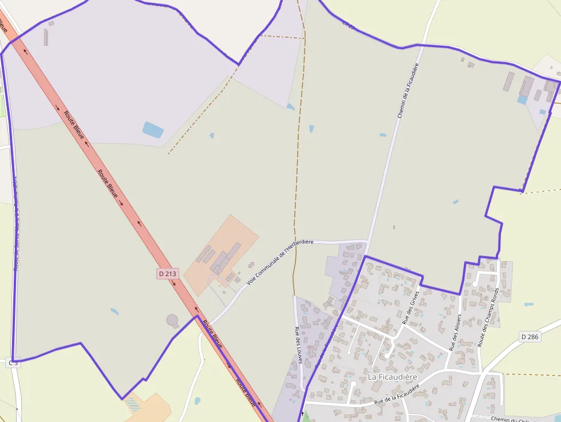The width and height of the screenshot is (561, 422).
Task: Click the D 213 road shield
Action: [x=168, y=274]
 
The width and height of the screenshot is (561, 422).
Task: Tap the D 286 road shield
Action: [x=530, y=337]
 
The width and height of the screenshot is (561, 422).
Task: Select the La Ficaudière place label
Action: [x=393, y=377]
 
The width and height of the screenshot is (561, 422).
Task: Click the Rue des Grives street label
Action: [x=411, y=307]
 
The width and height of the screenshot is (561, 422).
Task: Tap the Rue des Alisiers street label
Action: [x=456, y=332]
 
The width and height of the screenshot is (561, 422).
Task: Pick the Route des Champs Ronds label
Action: [x=489, y=317]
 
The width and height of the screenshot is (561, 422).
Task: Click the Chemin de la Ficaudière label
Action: [x=405, y=90]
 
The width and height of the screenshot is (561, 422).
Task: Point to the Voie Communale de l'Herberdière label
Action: [x=280, y=262]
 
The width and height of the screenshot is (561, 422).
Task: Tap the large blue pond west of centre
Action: [x=153, y=130]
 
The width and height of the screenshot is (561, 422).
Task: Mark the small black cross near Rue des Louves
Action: [x=302, y=413]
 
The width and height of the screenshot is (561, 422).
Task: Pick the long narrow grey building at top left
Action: [x=46, y=37]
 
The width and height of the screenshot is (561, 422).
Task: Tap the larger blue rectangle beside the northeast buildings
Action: [x=522, y=100]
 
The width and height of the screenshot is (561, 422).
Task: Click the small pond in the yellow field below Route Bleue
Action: [x=197, y=401]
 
